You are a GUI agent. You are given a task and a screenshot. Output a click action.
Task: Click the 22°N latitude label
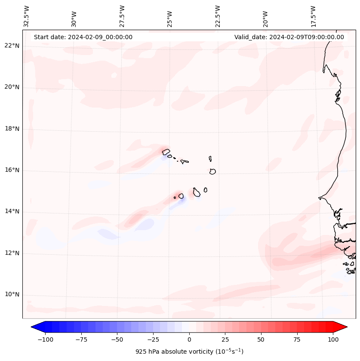[x=11, y=46]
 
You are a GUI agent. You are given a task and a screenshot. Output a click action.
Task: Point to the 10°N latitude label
[x=11, y=294]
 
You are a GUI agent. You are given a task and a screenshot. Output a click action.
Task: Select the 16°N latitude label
[x=11, y=170]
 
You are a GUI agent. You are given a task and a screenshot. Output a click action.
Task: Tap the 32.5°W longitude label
[x=27, y=16]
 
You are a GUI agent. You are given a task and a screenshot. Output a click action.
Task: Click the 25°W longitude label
[x=170, y=16]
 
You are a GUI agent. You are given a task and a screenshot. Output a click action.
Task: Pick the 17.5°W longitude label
[x=313, y=16]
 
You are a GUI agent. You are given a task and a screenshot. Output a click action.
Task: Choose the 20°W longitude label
[x=265, y=16]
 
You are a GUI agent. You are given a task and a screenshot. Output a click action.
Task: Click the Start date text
[x=83, y=37]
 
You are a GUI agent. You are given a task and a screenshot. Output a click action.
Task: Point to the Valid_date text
[x=289, y=37]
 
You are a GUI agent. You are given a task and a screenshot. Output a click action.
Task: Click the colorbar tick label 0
[x=189, y=340]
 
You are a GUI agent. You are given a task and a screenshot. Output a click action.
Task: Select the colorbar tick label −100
[x=46, y=340]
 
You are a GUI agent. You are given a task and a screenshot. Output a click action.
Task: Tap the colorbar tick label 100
[x=333, y=340]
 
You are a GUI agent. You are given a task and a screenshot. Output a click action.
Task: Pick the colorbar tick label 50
[x=261, y=340]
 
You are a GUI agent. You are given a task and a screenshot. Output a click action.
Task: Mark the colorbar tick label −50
[x=117, y=340]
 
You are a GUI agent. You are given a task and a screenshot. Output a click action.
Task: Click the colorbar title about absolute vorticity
[x=189, y=352]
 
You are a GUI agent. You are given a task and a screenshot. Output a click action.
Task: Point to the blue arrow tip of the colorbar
[x=35, y=327]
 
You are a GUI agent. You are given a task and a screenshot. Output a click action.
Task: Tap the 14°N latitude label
[x=11, y=211]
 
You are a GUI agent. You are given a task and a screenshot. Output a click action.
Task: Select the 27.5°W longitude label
[x=122, y=16]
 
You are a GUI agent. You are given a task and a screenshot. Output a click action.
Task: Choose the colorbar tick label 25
[x=225, y=340]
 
